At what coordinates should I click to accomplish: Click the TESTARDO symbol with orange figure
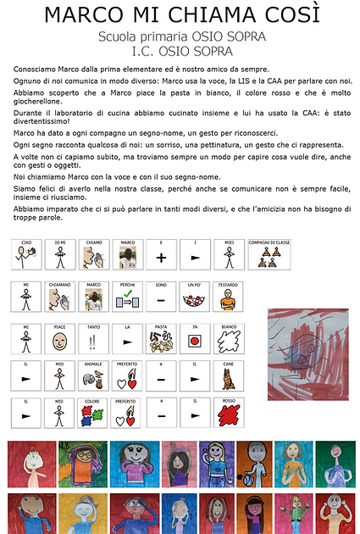point(229,297)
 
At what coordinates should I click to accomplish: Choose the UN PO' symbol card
point(194,297)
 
